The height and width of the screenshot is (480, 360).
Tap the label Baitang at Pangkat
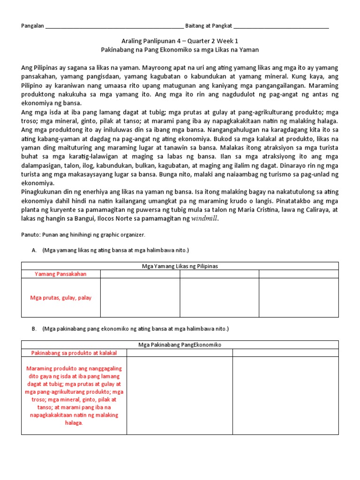tap(209, 26)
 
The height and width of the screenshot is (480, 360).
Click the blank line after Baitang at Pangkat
tap(281, 27)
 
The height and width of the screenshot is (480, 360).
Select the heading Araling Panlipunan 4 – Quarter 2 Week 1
tap(180, 41)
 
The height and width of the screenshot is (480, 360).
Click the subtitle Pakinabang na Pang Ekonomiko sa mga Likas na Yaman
tap(180, 49)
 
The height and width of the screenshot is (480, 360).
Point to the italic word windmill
tap(205, 219)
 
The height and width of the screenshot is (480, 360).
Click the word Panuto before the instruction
tap(30, 234)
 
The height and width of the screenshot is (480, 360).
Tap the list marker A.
tap(34, 250)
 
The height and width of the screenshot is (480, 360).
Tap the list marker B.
tap(34, 329)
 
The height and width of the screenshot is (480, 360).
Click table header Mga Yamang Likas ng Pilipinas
tap(180, 266)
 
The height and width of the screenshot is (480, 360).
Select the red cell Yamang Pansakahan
tap(60, 274)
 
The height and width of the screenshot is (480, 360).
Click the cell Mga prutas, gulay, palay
tap(60, 298)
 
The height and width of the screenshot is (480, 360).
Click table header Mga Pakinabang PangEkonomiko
tap(180, 345)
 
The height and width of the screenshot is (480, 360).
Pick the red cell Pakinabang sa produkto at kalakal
tap(74, 352)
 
